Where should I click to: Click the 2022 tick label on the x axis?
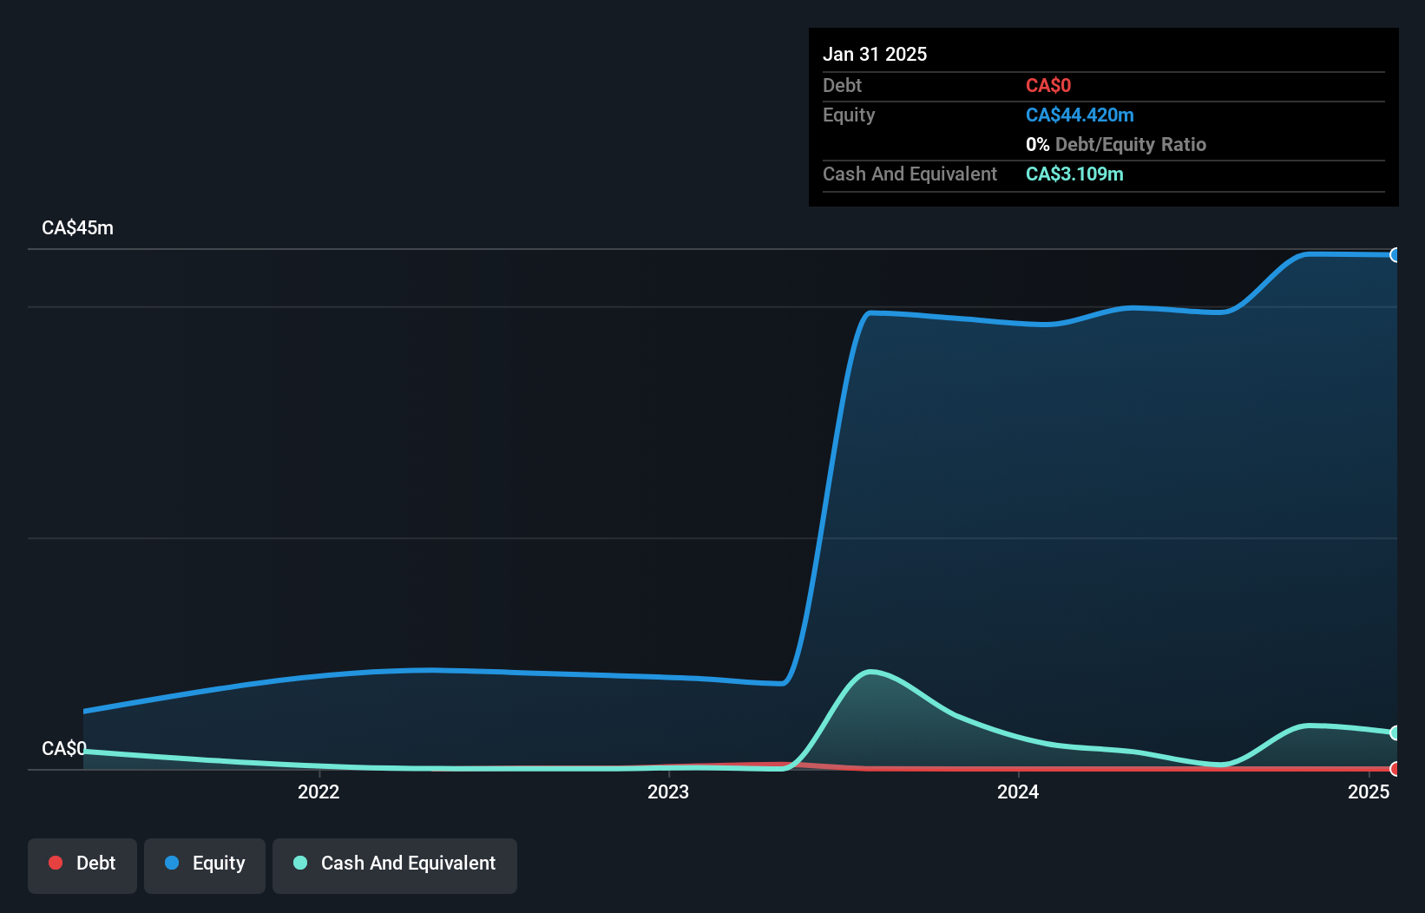(318, 791)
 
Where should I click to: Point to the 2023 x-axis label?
(668, 791)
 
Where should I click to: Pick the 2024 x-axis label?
(1018, 791)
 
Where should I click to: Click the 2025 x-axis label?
(1369, 791)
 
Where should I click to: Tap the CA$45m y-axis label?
(77, 228)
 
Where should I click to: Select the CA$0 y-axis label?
(63, 748)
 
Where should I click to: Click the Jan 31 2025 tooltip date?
(875, 54)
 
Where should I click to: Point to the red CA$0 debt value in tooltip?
(1048, 85)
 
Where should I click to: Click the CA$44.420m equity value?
(1080, 115)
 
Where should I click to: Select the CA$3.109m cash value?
(1074, 174)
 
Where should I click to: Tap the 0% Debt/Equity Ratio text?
(1116, 144)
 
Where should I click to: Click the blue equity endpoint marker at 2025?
(1395, 255)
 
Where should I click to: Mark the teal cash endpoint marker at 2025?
(1395, 733)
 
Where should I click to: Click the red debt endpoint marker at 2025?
(1395, 769)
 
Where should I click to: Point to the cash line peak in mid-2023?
(870, 672)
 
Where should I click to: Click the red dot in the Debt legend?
(56, 863)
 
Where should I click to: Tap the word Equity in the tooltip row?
(849, 115)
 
